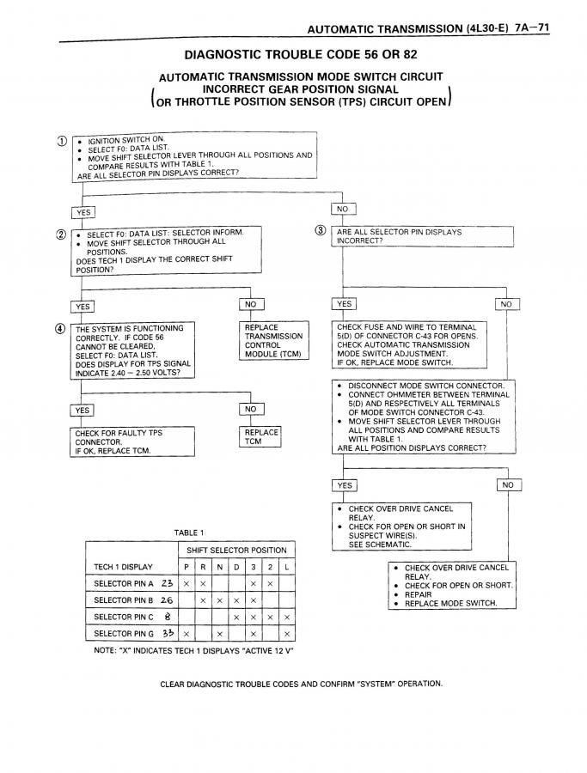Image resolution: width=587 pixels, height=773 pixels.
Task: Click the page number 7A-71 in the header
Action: click(533, 27)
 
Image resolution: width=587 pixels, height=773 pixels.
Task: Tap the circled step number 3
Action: click(321, 230)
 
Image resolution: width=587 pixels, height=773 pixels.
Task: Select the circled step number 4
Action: click(60, 327)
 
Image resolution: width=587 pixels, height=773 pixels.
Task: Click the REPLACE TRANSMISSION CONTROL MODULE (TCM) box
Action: click(272, 341)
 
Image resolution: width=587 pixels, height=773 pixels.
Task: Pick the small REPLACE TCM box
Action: click(261, 437)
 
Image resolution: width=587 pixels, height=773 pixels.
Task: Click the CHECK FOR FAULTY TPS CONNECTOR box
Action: click(131, 442)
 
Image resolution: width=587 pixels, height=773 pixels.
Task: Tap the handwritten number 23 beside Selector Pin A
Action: click(167, 583)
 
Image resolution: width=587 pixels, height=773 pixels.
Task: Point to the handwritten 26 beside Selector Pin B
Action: click(167, 600)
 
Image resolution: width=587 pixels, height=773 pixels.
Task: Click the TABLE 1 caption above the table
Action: click(189, 533)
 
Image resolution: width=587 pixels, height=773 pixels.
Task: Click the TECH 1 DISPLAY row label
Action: click(123, 567)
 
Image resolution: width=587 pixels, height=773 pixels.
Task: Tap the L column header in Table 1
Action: click(286, 567)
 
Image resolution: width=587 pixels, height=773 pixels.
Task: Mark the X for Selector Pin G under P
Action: click(186, 634)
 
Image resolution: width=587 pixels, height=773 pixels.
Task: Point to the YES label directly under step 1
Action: click(83, 212)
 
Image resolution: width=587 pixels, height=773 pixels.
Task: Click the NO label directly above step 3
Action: click(343, 209)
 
